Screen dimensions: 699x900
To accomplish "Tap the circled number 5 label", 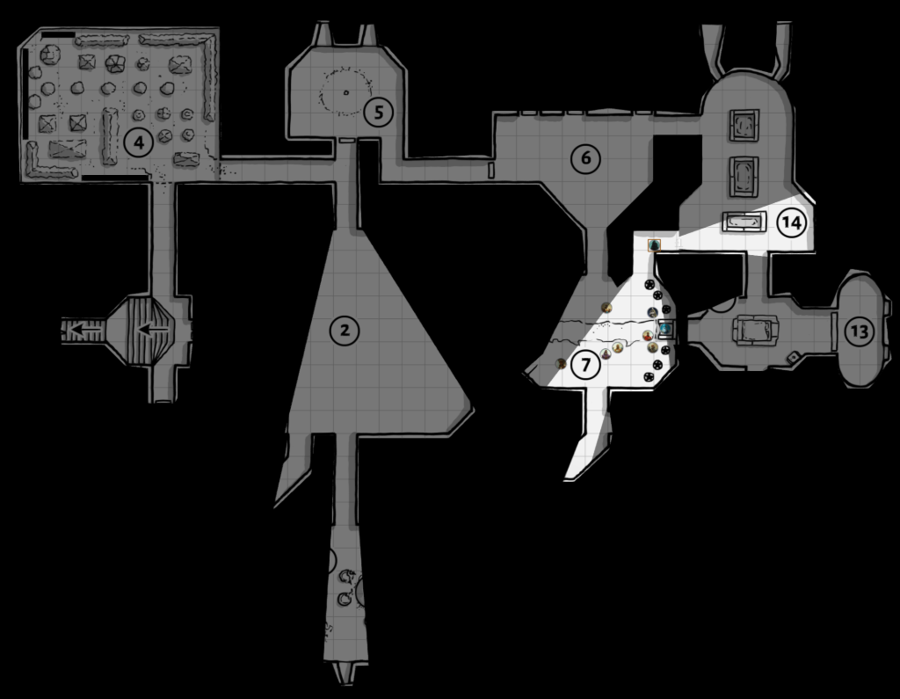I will click(x=377, y=112).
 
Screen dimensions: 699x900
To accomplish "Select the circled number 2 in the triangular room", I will click(x=345, y=330).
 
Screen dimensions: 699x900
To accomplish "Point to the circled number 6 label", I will click(x=584, y=158).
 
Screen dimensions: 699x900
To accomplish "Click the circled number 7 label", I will click(x=582, y=364).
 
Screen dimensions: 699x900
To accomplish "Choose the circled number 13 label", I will click(x=859, y=331).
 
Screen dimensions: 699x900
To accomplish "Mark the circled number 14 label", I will click(x=791, y=222).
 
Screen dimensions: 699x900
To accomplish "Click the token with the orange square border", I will click(x=653, y=246).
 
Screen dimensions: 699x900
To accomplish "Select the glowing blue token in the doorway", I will click(x=666, y=330).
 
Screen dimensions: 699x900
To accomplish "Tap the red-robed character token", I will click(x=647, y=336).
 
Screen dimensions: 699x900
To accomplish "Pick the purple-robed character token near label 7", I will click(x=606, y=354).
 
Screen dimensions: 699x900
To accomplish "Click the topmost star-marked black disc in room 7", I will click(x=650, y=284).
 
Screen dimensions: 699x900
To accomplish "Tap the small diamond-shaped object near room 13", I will click(x=792, y=357).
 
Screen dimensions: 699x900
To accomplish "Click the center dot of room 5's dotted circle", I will click(x=345, y=92).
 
